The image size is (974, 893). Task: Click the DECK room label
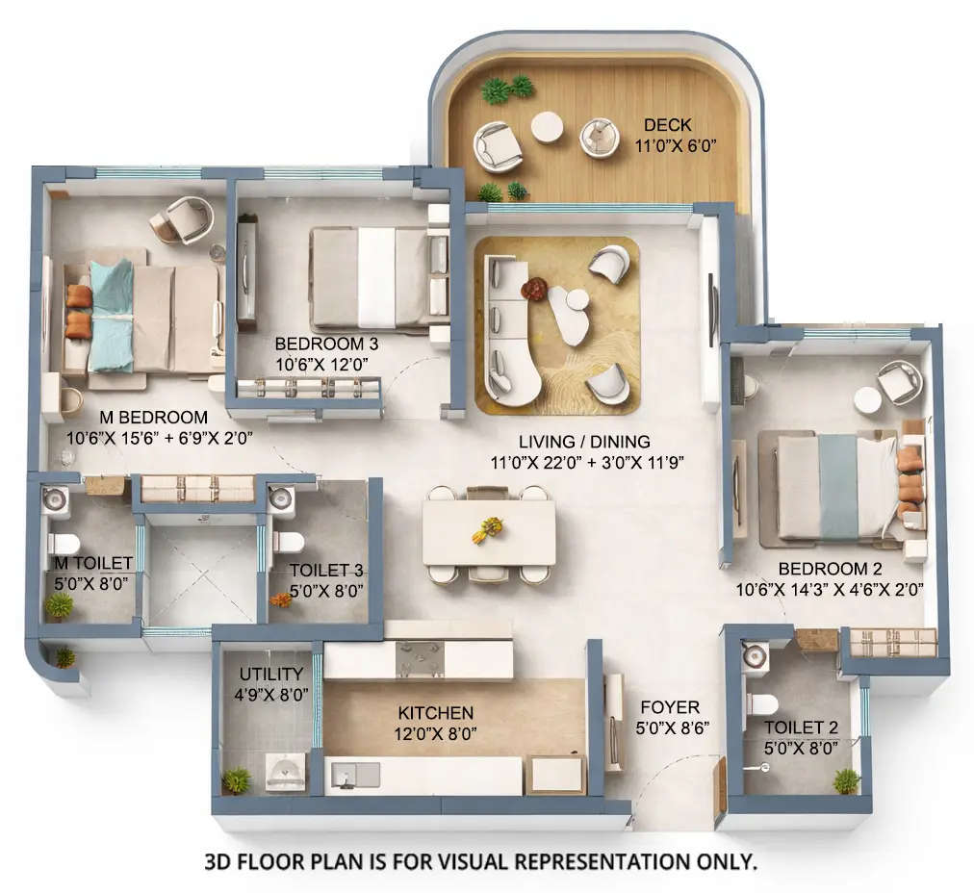[x=667, y=125]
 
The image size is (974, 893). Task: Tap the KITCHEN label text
[x=436, y=713]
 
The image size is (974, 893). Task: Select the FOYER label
[x=669, y=707]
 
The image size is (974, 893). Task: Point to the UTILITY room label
[x=270, y=674]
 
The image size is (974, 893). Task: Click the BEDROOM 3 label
[x=326, y=344]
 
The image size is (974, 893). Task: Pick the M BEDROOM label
[x=154, y=418]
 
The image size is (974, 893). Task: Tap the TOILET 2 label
[x=801, y=727]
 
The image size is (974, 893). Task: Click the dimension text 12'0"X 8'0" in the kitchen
[x=436, y=732]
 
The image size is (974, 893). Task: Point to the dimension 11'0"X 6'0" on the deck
[x=677, y=145]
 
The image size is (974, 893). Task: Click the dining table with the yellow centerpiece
[x=489, y=532]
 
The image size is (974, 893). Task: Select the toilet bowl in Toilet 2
[x=759, y=703]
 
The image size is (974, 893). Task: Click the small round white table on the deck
[x=547, y=127]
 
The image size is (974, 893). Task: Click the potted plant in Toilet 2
[x=845, y=779]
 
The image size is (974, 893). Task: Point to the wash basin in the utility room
[x=285, y=773]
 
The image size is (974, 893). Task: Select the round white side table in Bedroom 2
[x=867, y=400]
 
